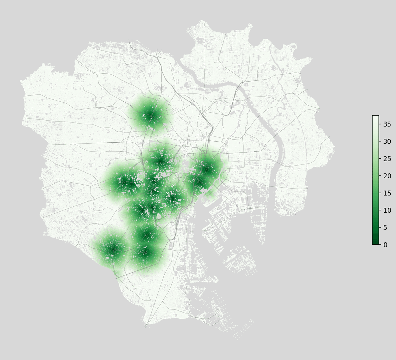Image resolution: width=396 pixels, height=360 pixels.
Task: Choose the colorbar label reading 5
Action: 385,227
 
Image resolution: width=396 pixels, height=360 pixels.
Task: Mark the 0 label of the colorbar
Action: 385,244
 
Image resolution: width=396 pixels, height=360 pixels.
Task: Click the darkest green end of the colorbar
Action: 375,243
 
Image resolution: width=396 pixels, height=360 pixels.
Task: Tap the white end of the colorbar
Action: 375,117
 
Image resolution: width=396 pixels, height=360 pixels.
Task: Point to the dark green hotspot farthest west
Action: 112,248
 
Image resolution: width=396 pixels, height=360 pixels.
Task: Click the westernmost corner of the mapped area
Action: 20,81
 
